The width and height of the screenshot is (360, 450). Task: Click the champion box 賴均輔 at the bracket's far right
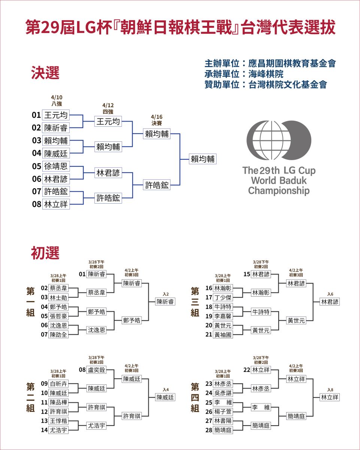click(202, 159)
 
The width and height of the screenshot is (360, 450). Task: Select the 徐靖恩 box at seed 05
click(56, 166)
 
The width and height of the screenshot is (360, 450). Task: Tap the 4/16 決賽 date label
click(157, 120)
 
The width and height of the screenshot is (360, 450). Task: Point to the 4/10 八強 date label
click(57, 100)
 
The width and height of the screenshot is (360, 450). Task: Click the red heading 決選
click(45, 73)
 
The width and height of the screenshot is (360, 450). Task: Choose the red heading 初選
click(45, 253)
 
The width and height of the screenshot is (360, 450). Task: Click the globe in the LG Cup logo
click(272, 140)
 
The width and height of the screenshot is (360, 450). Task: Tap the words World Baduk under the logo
click(279, 180)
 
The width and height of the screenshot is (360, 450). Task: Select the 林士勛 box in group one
click(58, 297)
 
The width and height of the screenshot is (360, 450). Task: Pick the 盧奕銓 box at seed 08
click(96, 370)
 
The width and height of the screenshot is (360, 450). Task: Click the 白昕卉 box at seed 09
click(58, 384)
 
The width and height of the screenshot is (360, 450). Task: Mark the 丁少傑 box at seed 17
click(223, 297)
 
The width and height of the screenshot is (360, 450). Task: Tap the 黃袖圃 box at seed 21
click(223, 334)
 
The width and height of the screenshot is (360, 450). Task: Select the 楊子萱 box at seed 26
click(223, 411)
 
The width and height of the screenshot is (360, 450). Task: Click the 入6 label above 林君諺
click(330, 294)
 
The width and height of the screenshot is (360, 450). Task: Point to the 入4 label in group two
click(166, 390)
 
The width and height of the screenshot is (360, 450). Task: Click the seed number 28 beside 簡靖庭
click(209, 430)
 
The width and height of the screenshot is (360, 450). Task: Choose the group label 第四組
click(195, 397)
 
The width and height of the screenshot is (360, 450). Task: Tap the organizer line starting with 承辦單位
click(244, 74)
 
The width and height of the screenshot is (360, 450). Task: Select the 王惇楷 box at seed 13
click(58, 421)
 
